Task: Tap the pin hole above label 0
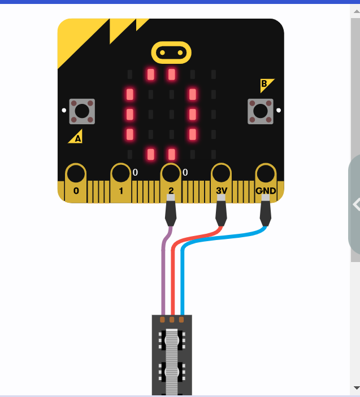point(76,173)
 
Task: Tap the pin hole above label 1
point(121,173)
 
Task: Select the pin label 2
point(171,190)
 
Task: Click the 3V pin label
point(222,190)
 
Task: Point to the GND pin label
point(266,191)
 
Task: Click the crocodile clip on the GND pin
point(266,210)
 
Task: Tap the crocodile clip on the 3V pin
point(221,210)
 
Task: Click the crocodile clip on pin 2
point(171,210)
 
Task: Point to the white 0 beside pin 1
point(135,172)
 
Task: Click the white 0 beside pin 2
point(185,172)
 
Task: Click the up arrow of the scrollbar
point(357,11)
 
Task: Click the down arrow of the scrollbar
point(357,388)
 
